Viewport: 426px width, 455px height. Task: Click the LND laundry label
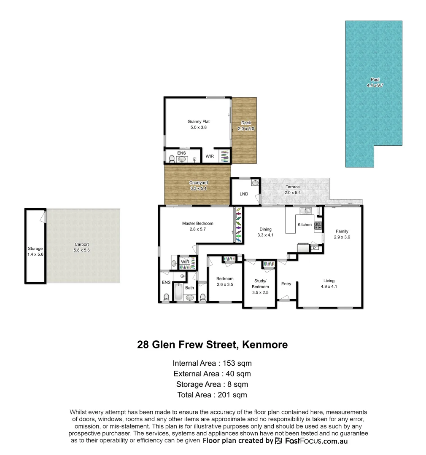click(x=244, y=194)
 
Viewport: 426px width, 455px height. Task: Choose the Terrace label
click(x=292, y=187)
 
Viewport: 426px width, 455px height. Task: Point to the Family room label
click(x=342, y=231)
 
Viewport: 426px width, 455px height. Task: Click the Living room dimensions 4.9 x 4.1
click(x=329, y=286)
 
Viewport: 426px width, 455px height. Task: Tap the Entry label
click(x=286, y=284)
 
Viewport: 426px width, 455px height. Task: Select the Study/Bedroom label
click(x=261, y=284)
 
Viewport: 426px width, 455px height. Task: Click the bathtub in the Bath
click(x=178, y=293)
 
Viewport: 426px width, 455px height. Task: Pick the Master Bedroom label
click(x=197, y=223)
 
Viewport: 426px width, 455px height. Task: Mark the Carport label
click(x=81, y=244)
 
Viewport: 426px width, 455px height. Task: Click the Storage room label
click(x=35, y=249)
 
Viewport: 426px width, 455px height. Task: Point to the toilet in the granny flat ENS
click(x=172, y=159)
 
